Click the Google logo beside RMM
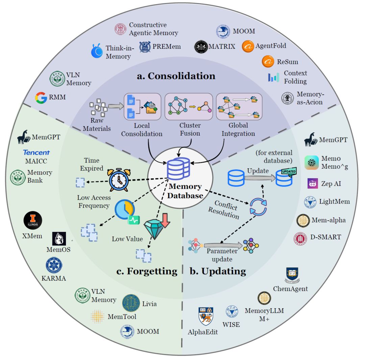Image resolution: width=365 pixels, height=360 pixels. pos(41,98)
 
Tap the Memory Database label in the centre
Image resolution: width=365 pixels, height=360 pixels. pos(186,191)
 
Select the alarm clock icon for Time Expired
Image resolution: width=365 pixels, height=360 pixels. pos(119,179)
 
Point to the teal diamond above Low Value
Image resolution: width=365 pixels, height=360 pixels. pos(156,228)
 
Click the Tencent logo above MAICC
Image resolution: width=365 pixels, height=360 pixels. pos(36,152)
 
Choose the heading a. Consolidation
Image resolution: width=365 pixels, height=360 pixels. pos(176,76)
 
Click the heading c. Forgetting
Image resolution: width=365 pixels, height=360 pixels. pos(147,271)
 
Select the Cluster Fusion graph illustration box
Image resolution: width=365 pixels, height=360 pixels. pos(189,106)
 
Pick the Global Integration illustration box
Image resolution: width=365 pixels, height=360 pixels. pos(239,106)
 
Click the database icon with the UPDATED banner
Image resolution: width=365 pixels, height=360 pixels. pos(285,176)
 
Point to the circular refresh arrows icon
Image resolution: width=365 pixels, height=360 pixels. pos(258,207)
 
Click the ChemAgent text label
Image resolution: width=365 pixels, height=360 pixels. pos(291,289)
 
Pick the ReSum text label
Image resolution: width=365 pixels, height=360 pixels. pos(288,62)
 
